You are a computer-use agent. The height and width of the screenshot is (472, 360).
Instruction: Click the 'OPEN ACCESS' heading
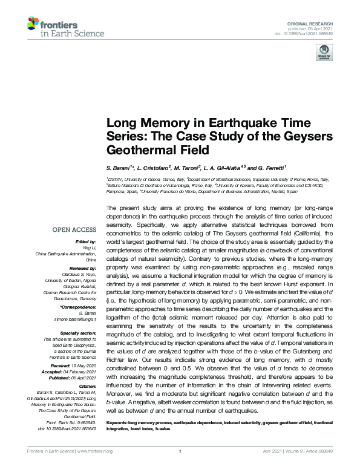(x=75, y=230)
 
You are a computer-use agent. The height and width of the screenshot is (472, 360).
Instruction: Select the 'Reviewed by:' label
(x=85, y=266)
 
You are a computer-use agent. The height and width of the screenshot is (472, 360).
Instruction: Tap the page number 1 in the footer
(x=180, y=467)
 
